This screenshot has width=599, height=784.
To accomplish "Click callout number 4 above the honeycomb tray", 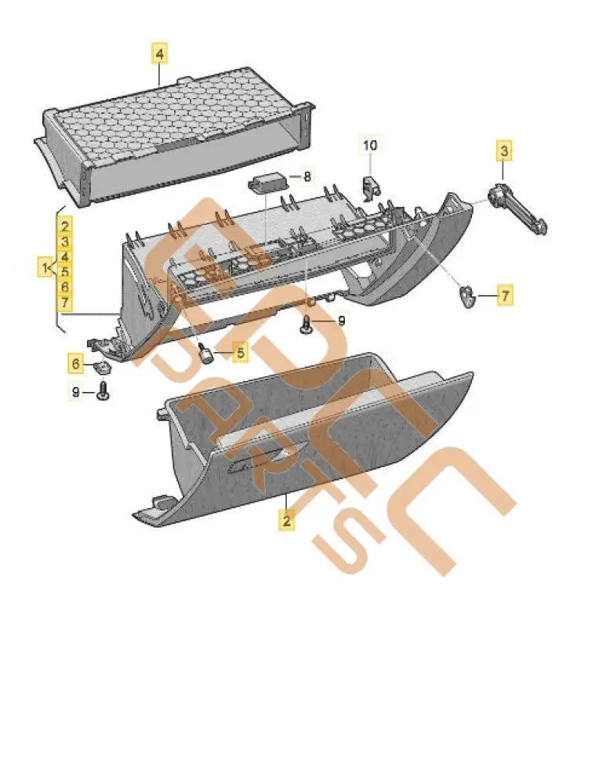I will tap(160, 54).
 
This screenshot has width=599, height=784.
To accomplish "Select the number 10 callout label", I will tap(370, 145).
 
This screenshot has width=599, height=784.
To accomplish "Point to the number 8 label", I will tap(307, 177).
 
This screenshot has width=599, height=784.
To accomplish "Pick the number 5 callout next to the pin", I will tap(240, 354).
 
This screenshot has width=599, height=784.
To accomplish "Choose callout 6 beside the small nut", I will tap(76, 364).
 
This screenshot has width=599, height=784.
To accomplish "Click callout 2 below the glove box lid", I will tap(287, 519).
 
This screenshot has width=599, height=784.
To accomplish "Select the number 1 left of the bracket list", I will tap(42, 268).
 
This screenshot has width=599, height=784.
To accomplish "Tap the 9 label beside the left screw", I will tap(77, 391).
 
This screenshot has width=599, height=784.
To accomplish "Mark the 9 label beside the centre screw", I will tap(341, 321).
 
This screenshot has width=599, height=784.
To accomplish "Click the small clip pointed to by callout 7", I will tap(467, 296).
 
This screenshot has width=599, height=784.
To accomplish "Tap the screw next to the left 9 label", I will tap(103, 391).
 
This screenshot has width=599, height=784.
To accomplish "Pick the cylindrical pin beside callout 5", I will tap(208, 354).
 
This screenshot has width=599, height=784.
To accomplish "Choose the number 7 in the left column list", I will tap(65, 302).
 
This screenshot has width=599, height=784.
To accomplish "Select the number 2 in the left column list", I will tap(65, 227).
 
